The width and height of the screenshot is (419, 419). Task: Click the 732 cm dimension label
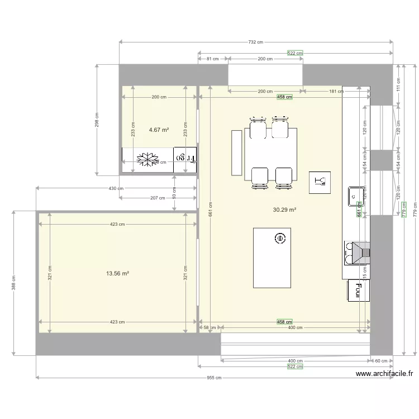coord(255,42)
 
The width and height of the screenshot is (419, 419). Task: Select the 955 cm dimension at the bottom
coord(214,378)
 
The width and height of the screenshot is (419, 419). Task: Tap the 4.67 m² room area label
coord(159,130)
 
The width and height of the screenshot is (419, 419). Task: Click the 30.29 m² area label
coord(284,210)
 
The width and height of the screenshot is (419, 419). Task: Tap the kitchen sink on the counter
coord(355,196)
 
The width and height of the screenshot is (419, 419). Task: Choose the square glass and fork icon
coord(320,182)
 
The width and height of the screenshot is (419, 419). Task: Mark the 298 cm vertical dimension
coord(97,121)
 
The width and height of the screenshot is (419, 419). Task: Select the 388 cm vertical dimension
coord(13,284)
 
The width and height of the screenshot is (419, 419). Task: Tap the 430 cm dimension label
coord(116,189)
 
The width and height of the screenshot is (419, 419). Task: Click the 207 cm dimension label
coord(158,198)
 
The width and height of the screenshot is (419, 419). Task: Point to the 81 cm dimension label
coord(212,59)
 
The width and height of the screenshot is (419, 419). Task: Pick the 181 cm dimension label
coord(336,91)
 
